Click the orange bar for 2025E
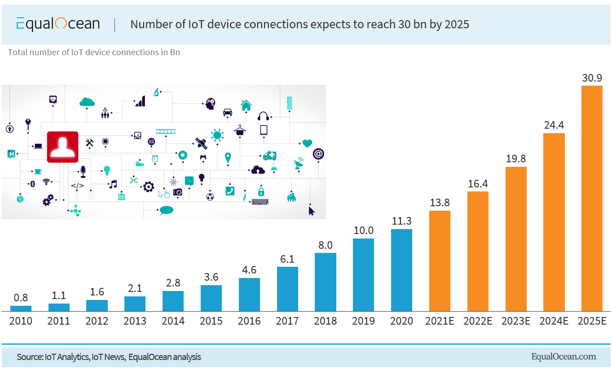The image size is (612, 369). pyautogui.click(x=592, y=198)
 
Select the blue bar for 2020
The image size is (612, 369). pyautogui.click(x=401, y=270)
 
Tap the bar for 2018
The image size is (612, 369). pyautogui.click(x=325, y=282)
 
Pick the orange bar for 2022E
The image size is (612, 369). pyautogui.click(x=478, y=251)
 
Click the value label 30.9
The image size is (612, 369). pyautogui.click(x=592, y=78)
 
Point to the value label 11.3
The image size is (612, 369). pyautogui.click(x=401, y=221)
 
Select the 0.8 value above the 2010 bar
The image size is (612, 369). pyautogui.click(x=21, y=298)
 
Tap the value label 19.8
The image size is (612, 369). pyautogui.click(x=516, y=159)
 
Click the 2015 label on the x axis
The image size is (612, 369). pyautogui.click(x=211, y=321)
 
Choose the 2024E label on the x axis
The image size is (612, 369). pyautogui.click(x=554, y=321)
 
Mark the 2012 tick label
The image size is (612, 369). pyautogui.click(x=97, y=321)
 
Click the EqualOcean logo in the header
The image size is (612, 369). pyautogui.click(x=58, y=24)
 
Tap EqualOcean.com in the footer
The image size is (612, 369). pyautogui.click(x=564, y=357)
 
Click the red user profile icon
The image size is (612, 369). pyautogui.click(x=62, y=147)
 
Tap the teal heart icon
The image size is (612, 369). pyautogui.click(x=307, y=143)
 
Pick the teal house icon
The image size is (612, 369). pyautogui.click(x=246, y=105)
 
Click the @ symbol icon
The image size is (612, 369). pyautogui.click(x=318, y=154)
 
